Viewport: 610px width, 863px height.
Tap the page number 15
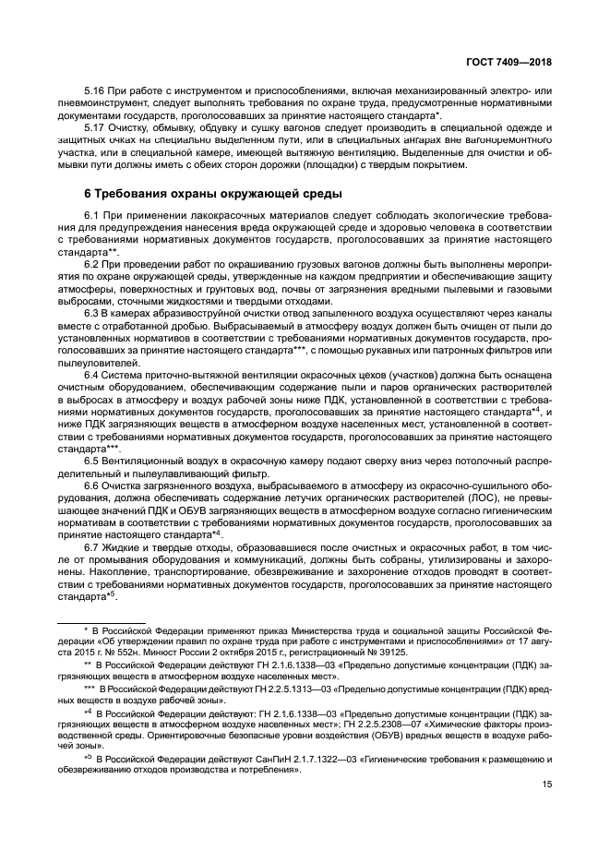(x=548, y=785)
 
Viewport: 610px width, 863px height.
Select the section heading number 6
(x=88, y=194)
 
